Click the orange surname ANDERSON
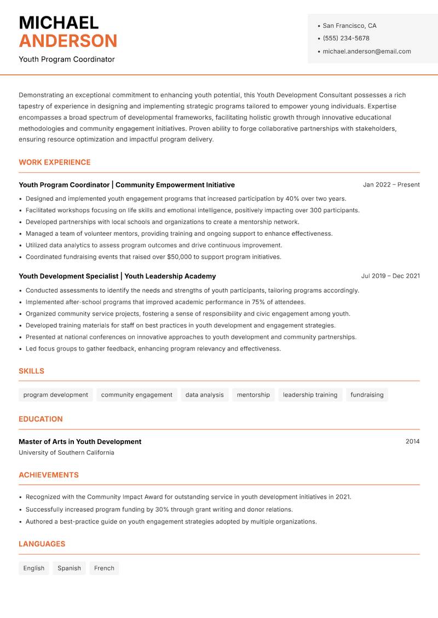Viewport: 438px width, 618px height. coord(68,41)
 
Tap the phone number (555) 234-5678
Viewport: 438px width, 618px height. coord(345,38)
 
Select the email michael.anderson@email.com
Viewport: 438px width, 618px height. coord(366,51)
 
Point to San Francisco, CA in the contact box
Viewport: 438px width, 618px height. coord(349,26)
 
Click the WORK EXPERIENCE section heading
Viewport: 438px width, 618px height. coord(55,162)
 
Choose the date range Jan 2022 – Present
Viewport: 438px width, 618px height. coord(391,185)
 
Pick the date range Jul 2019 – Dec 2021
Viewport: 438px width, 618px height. coord(390,276)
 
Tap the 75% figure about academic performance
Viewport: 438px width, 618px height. coord(258,302)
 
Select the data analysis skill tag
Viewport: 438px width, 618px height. coord(204,395)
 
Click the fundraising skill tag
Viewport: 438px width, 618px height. coord(367,395)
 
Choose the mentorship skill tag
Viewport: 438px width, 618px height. coord(253,395)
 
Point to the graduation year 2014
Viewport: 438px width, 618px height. coord(412,442)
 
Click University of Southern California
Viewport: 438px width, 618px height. coord(66,453)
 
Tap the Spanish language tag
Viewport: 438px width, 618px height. coord(69,568)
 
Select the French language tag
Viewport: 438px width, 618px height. coord(104,568)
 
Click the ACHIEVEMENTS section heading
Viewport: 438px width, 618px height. coord(49,475)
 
